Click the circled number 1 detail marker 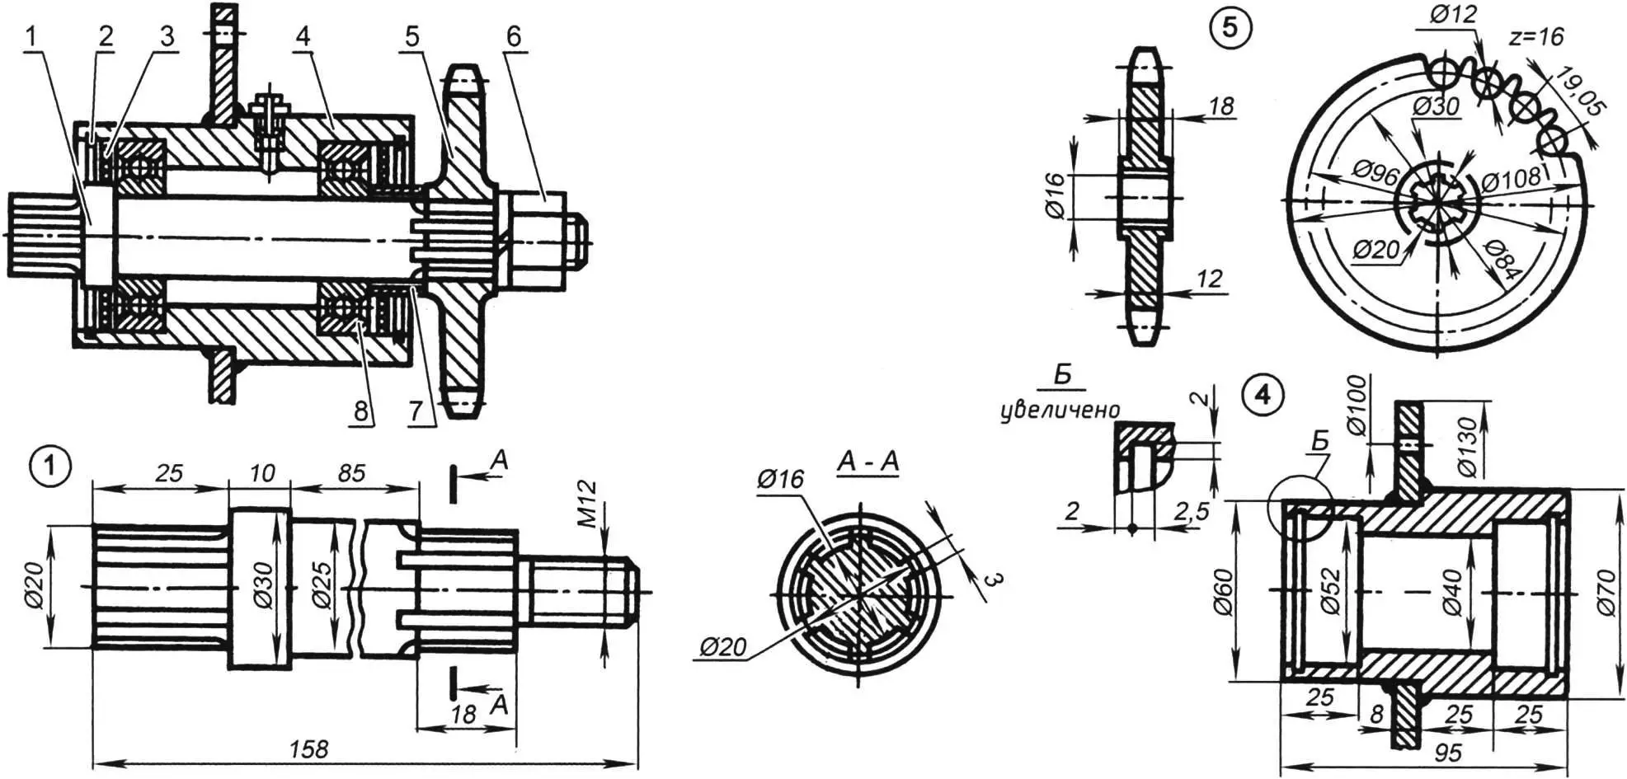click(50, 466)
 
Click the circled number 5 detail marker click(1230, 27)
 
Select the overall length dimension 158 click(309, 748)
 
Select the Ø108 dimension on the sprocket click(1511, 178)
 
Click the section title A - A click(868, 462)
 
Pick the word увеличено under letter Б click(1060, 410)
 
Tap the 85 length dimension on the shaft click(351, 472)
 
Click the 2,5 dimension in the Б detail click(1192, 511)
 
